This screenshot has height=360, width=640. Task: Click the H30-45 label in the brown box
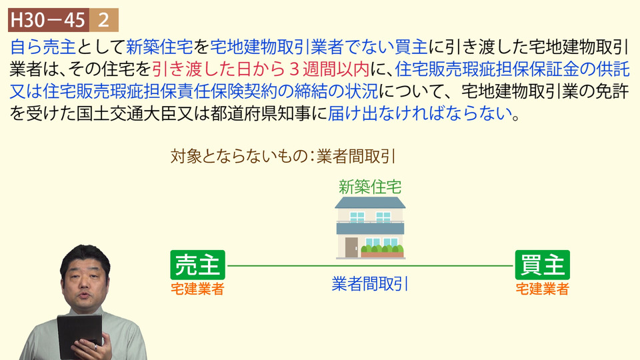48,20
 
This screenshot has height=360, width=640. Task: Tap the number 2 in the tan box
104,20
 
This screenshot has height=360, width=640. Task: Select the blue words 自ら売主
43,47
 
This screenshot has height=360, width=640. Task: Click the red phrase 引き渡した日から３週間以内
261,69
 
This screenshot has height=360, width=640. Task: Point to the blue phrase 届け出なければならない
419,113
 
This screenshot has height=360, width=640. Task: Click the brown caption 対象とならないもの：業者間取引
283,156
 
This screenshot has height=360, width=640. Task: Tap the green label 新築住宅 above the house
370,187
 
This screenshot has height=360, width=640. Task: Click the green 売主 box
197,265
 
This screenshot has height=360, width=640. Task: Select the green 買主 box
543,265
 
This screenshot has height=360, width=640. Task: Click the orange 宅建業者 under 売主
197,289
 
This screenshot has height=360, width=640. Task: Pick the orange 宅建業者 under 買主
543,289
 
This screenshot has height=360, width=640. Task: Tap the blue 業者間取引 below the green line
370,284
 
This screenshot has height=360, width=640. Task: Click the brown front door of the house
351,247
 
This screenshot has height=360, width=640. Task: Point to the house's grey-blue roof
370,203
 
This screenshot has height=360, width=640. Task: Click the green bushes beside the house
382,249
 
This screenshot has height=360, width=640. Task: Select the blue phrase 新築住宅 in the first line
159,47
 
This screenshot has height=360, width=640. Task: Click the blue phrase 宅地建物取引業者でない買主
319,47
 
